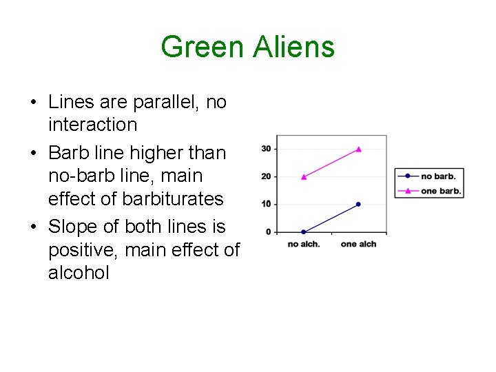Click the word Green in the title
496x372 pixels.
[x=202, y=47]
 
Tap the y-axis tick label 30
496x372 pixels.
[x=266, y=149]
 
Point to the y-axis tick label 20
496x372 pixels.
[x=266, y=176]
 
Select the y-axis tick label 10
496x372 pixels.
[x=266, y=204]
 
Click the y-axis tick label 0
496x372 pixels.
[x=268, y=232]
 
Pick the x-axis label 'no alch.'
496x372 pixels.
[x=304, y=244]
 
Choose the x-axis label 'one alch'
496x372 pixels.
[x=358, y=244]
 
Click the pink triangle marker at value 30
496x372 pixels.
[x=358, y=149]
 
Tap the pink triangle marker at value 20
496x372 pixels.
[x=304, y=176]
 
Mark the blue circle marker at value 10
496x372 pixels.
[x=358, y=204]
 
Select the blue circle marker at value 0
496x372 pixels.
[x=304, y=231]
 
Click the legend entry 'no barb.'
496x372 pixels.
[x=437, y=176]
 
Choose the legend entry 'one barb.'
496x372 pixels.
[x=440, y=190]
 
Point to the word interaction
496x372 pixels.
[x=92, y=125]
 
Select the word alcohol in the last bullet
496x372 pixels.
[x=79, y=273]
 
